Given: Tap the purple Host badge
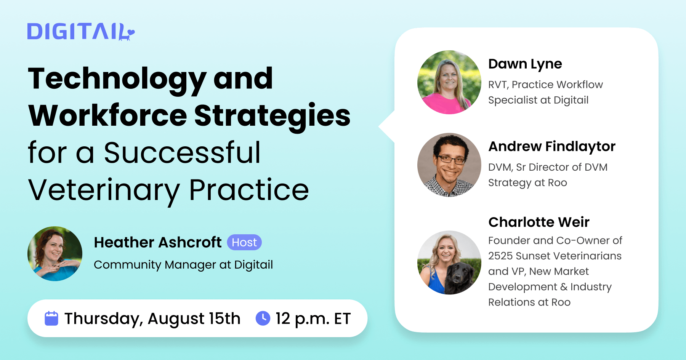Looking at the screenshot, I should click(x=244, y=242).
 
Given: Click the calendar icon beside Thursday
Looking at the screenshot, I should click(x=51, y=318).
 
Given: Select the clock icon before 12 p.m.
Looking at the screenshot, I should click(x=263, y=318).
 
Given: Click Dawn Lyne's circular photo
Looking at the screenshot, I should click(x=449, y=82).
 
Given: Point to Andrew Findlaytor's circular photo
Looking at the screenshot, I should click(x=449, y=165).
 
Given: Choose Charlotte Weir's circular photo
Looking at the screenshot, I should click(x=449, y=262).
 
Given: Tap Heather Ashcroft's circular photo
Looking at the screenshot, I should click(x=55, y=254).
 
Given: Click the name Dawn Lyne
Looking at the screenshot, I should click(x=525, y=64).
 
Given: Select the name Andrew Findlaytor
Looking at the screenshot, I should click(x=551, y=146).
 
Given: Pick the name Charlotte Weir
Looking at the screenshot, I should click(x=539, y=222).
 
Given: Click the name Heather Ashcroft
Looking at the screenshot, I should click(x=157, y=242).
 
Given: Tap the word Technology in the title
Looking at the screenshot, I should click(x=117, y=79).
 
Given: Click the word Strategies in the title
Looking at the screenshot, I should click(x=272, y=116).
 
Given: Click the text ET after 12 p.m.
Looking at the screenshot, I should click(x=342, y=318).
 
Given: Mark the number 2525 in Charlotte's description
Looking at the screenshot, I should click(x=502, y=256).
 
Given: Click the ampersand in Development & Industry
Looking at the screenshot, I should click(x=564, y=287).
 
